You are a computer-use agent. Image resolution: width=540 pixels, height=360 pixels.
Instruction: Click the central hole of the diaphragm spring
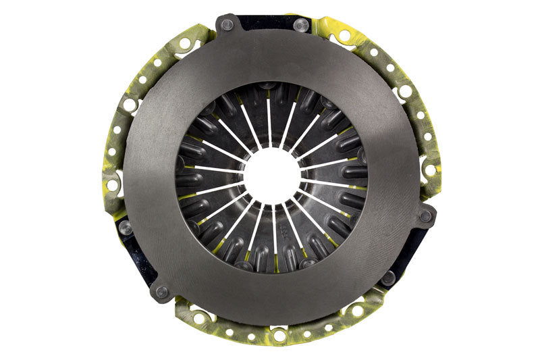pos(272,176)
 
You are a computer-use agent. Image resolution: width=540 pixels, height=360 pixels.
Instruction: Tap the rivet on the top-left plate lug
pos(227,24)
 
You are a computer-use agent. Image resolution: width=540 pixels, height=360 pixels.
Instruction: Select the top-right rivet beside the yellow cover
pos(302,26)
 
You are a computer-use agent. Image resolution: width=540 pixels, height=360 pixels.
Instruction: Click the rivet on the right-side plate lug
pos(426,217)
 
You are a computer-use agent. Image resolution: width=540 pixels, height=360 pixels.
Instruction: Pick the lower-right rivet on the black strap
pos(388,277)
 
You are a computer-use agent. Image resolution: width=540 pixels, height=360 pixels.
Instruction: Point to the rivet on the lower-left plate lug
pos(161,292)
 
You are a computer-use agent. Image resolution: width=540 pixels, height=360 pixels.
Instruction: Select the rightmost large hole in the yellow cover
pos(430,170)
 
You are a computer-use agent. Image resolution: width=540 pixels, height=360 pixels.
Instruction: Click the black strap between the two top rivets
pos(264,22)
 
